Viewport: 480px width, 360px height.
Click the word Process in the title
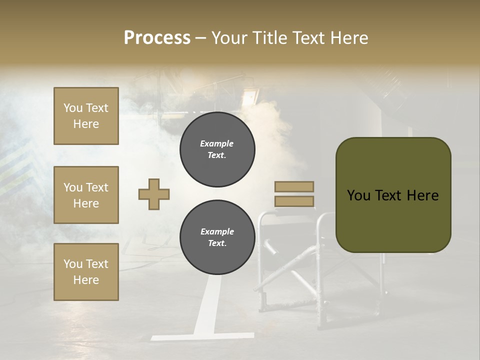(157, 38)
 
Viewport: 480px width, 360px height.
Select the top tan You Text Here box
(86, 116)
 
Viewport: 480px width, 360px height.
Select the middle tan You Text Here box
(86, 195)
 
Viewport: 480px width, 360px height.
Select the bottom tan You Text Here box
(86, 271)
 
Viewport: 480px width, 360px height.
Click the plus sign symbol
(154, 194)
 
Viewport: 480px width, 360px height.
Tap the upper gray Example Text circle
(217, 149)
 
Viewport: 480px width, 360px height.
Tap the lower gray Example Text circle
(217, 237)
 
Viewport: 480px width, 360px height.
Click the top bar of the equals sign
(294, 187)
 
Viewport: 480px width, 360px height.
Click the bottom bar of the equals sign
(294, 201)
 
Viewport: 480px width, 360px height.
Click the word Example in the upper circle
(216, 143)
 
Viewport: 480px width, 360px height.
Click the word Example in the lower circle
(216, 231)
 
